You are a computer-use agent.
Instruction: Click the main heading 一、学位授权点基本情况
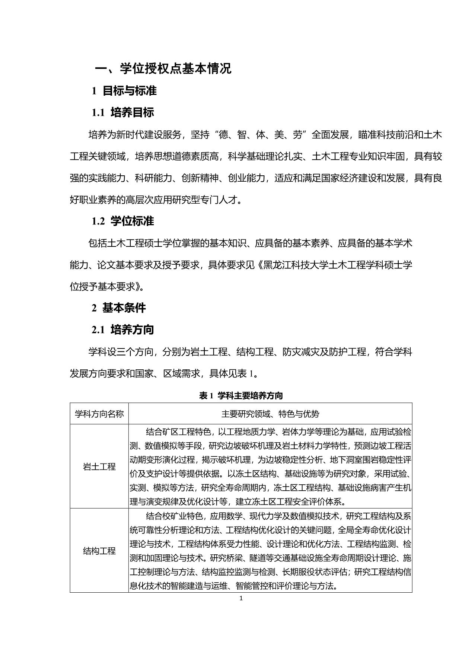[163, 68]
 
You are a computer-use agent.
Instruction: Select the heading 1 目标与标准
[124, 90]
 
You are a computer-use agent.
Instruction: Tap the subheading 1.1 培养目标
[123, 112]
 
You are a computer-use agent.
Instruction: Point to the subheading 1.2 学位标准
[123, 221]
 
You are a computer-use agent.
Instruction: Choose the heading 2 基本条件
[119, 308]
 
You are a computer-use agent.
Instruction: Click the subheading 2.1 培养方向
[123, 329]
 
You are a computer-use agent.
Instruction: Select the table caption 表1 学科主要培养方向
[241, 395]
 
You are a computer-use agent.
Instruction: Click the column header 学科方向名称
[99, 414]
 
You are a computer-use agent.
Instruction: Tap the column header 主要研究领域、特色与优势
[270, 414]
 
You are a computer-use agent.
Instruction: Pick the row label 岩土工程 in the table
[99, 466]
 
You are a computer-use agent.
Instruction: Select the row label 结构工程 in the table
[99, 551]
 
